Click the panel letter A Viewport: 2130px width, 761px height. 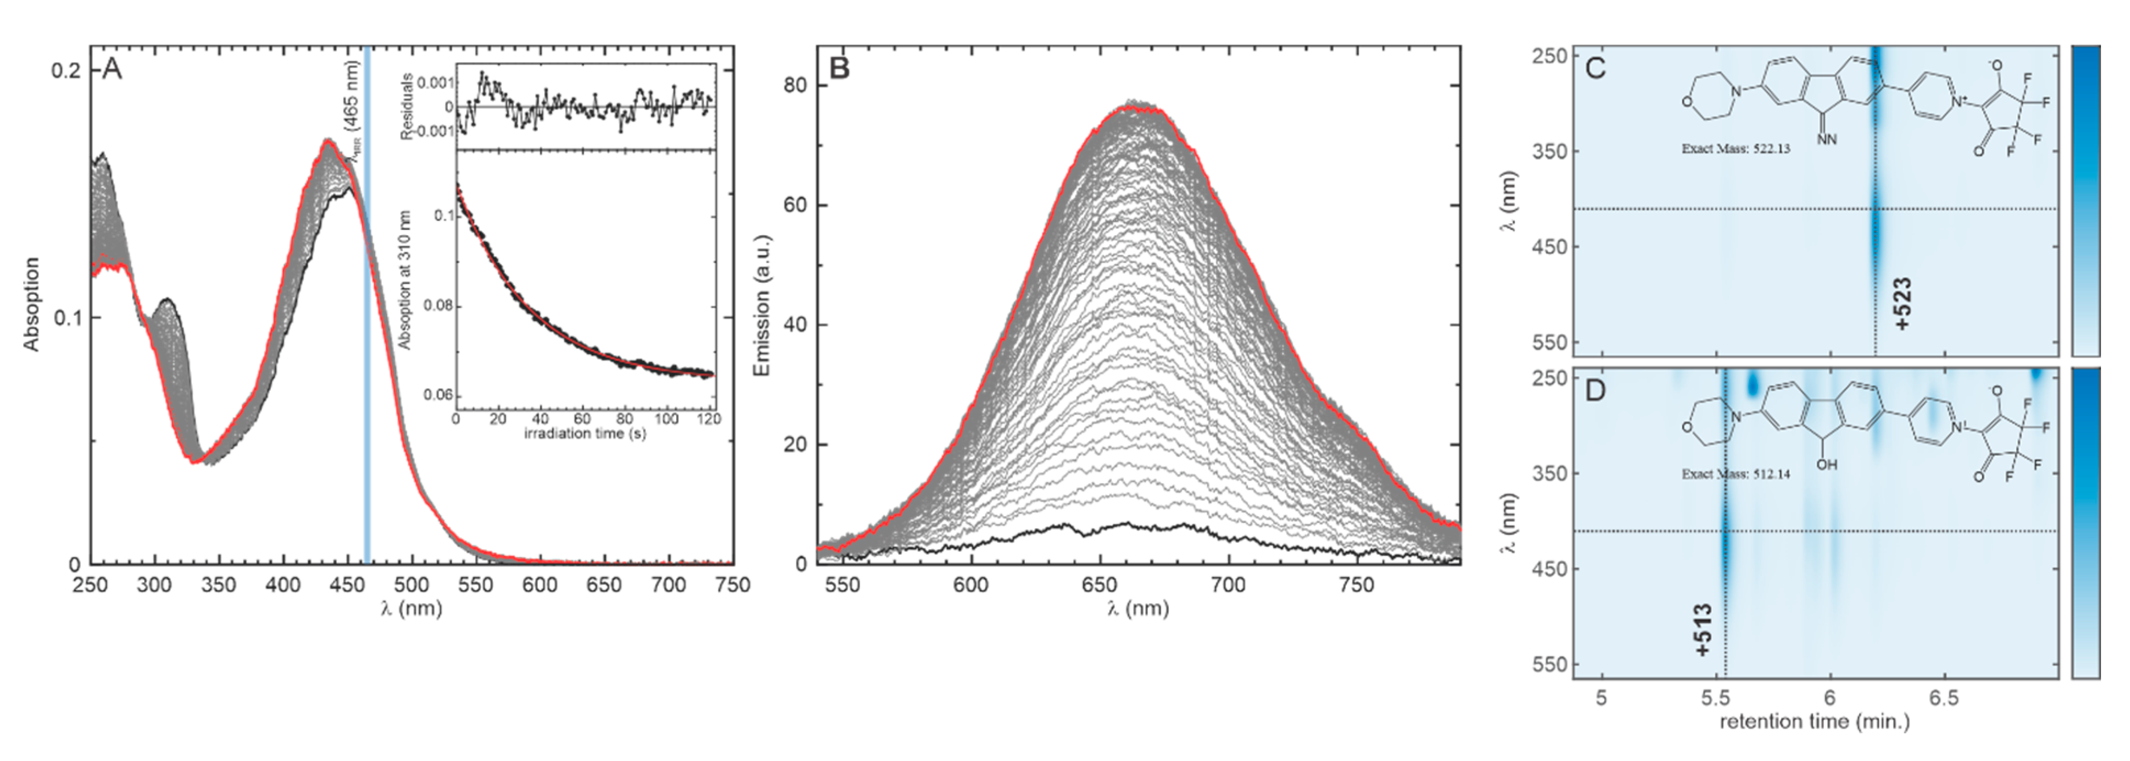tap(112, 69)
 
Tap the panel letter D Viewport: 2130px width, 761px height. tap(1595, 390)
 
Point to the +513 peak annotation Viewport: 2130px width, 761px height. tap(1704, 630)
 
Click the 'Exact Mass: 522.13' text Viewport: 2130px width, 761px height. tap(1735, 149)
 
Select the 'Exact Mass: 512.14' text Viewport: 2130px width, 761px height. tap(1735, 475)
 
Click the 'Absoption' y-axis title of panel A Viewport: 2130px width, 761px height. tap(31, 305)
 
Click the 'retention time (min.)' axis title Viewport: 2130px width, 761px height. tap(1814, 722)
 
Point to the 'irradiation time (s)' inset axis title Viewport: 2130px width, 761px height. tap(585, 433)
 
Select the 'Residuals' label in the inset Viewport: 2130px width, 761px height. tap(407, 106)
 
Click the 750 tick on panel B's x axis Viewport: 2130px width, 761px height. tap(1356, 586)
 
